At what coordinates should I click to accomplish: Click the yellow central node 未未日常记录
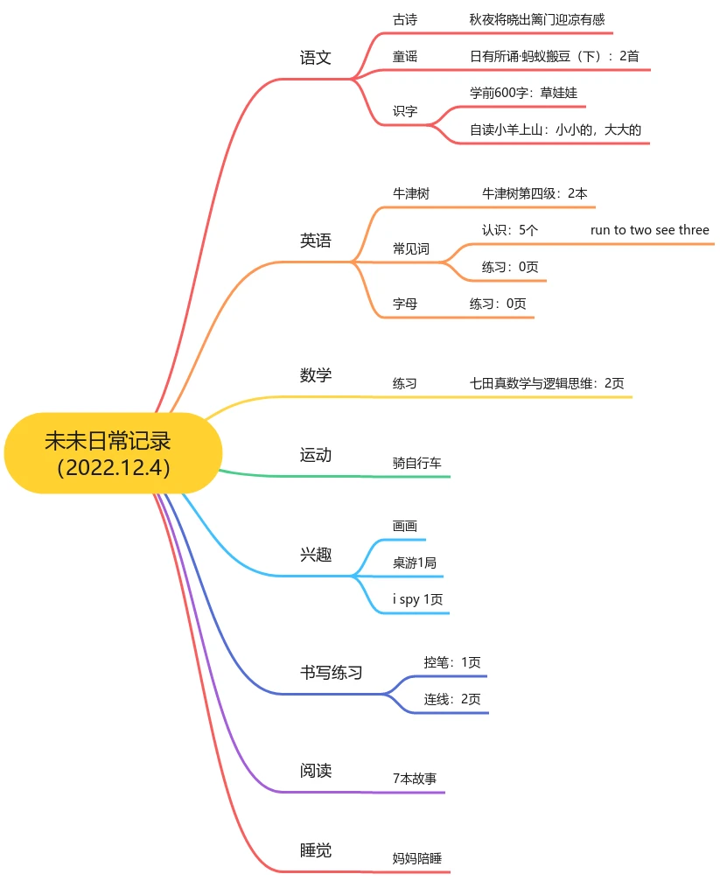coord(113,453)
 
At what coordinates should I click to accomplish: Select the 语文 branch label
coord(315,57)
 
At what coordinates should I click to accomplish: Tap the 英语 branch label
coord(315,241)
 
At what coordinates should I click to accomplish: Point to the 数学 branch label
coord(315,375)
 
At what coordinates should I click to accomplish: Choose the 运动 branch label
coord(315,455)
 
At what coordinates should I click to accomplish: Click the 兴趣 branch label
coord(315,555)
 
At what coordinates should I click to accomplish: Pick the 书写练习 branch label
coord(332,673)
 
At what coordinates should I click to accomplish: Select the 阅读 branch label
coord(315,771)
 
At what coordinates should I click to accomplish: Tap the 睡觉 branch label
coord(315,850)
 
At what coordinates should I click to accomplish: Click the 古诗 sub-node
coord(405,20)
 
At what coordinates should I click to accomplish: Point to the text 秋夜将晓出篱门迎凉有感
coord(536,20)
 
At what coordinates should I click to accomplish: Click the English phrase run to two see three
coord(650,230)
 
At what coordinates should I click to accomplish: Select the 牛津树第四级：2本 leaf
coord(535,193)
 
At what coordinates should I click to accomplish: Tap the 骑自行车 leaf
coord(416,463)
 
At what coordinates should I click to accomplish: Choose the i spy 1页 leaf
coord(417,599)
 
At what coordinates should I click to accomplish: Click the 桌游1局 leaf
coord(415,563)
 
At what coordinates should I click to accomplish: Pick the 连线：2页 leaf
coord(452,699)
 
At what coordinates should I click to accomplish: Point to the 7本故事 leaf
coord(415,779)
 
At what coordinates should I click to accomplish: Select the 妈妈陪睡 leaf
coord(416,858)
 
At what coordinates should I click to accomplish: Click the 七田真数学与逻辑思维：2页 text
coord(547,383)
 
